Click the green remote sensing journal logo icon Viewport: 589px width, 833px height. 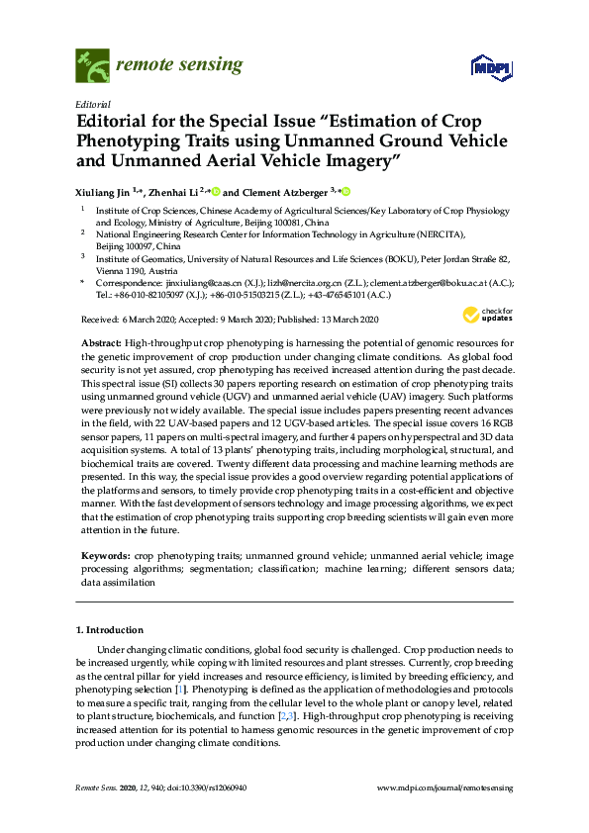point(93,65)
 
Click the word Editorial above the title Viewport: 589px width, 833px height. point(92,103)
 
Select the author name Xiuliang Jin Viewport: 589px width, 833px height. point(108,192)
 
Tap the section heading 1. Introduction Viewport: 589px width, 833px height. point(110,629)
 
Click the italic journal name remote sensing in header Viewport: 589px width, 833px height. point(179,65)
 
